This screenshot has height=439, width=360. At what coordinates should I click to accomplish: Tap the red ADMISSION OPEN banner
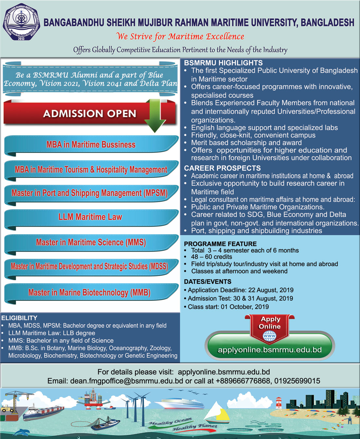point(89,114)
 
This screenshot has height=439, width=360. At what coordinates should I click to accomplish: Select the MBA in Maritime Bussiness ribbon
point(91,145)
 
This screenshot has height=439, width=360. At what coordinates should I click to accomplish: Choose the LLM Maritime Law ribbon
point(90,217)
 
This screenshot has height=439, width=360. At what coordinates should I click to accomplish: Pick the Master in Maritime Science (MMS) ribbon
point(91,242)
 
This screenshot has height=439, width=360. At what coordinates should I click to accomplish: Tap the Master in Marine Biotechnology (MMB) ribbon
point(89,292)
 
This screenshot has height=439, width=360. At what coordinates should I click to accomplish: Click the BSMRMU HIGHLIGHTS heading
point(223,63)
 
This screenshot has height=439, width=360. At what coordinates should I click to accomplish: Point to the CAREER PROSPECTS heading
point(222,168)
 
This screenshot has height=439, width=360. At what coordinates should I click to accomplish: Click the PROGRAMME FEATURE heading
point(220,244)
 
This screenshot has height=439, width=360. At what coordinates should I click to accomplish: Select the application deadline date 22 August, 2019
point(271,290)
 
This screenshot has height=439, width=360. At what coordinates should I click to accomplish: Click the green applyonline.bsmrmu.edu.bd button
point(270,350)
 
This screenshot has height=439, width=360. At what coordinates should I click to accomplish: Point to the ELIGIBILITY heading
point(19,318)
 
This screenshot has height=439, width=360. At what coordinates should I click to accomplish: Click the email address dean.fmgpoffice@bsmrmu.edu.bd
point(126,381)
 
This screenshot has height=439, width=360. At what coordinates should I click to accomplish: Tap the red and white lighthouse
point(279,403)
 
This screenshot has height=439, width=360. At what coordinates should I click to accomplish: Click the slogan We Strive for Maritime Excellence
point(180,36)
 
